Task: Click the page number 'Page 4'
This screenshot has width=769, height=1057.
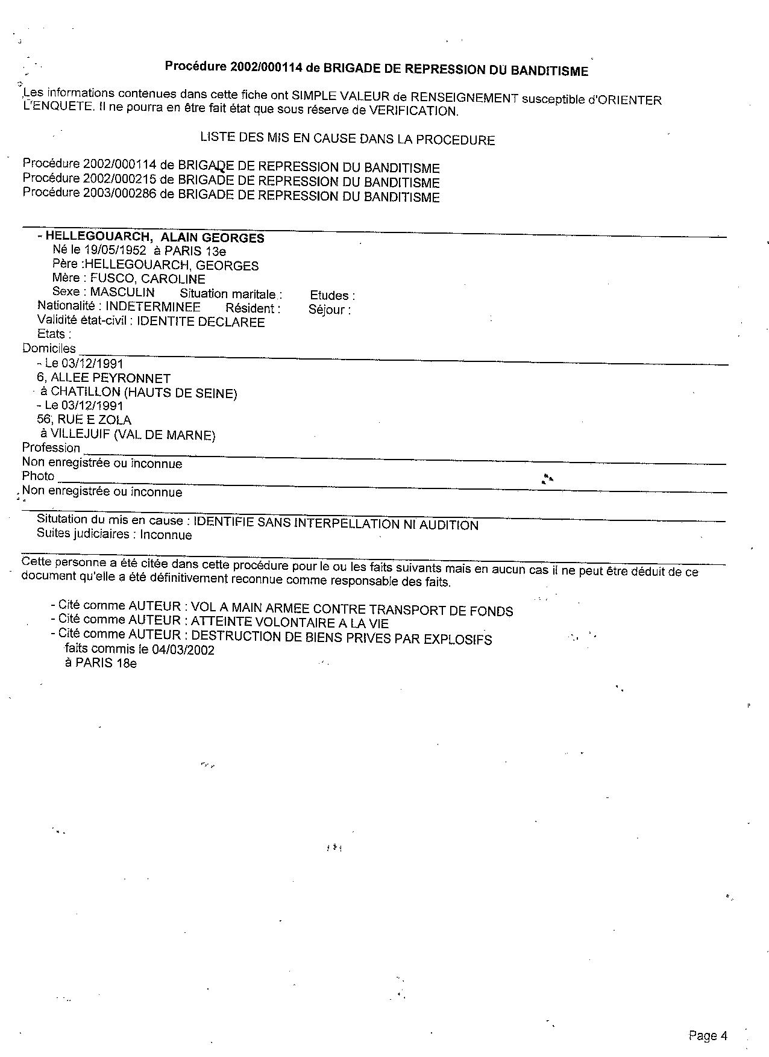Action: pyautogui.click(x=708, y=1036)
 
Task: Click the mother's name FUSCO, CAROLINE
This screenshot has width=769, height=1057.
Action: pyautogui.click(x=148, y=279)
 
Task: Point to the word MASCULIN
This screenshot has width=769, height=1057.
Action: pyautogui.click(x=122, y=293)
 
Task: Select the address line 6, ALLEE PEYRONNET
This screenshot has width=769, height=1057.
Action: pyautogui.click(x=104, y=378)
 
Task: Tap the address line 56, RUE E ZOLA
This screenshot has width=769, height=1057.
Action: pyautogui.click(x=84, y=420)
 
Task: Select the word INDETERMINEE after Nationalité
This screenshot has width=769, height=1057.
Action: pyautogui.click(x=153, y=307)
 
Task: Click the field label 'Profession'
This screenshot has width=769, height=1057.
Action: pyautogui.click(x=51, y=447)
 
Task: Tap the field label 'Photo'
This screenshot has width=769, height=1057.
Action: pyautogui.click(x=38, y=476)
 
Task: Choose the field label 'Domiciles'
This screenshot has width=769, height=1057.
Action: pyautogui.click(x=49, y=348)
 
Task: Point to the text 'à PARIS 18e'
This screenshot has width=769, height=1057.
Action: pyautogui.click(x=101, y=663)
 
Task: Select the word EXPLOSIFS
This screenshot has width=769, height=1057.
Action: pyautogui.click(x=460, y=640)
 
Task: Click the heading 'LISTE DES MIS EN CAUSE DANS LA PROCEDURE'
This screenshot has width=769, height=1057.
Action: pyautogui.click(x=347, y=139)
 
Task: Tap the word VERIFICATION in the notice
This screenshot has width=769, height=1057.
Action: pyautogui.click(x=413, y=111)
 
